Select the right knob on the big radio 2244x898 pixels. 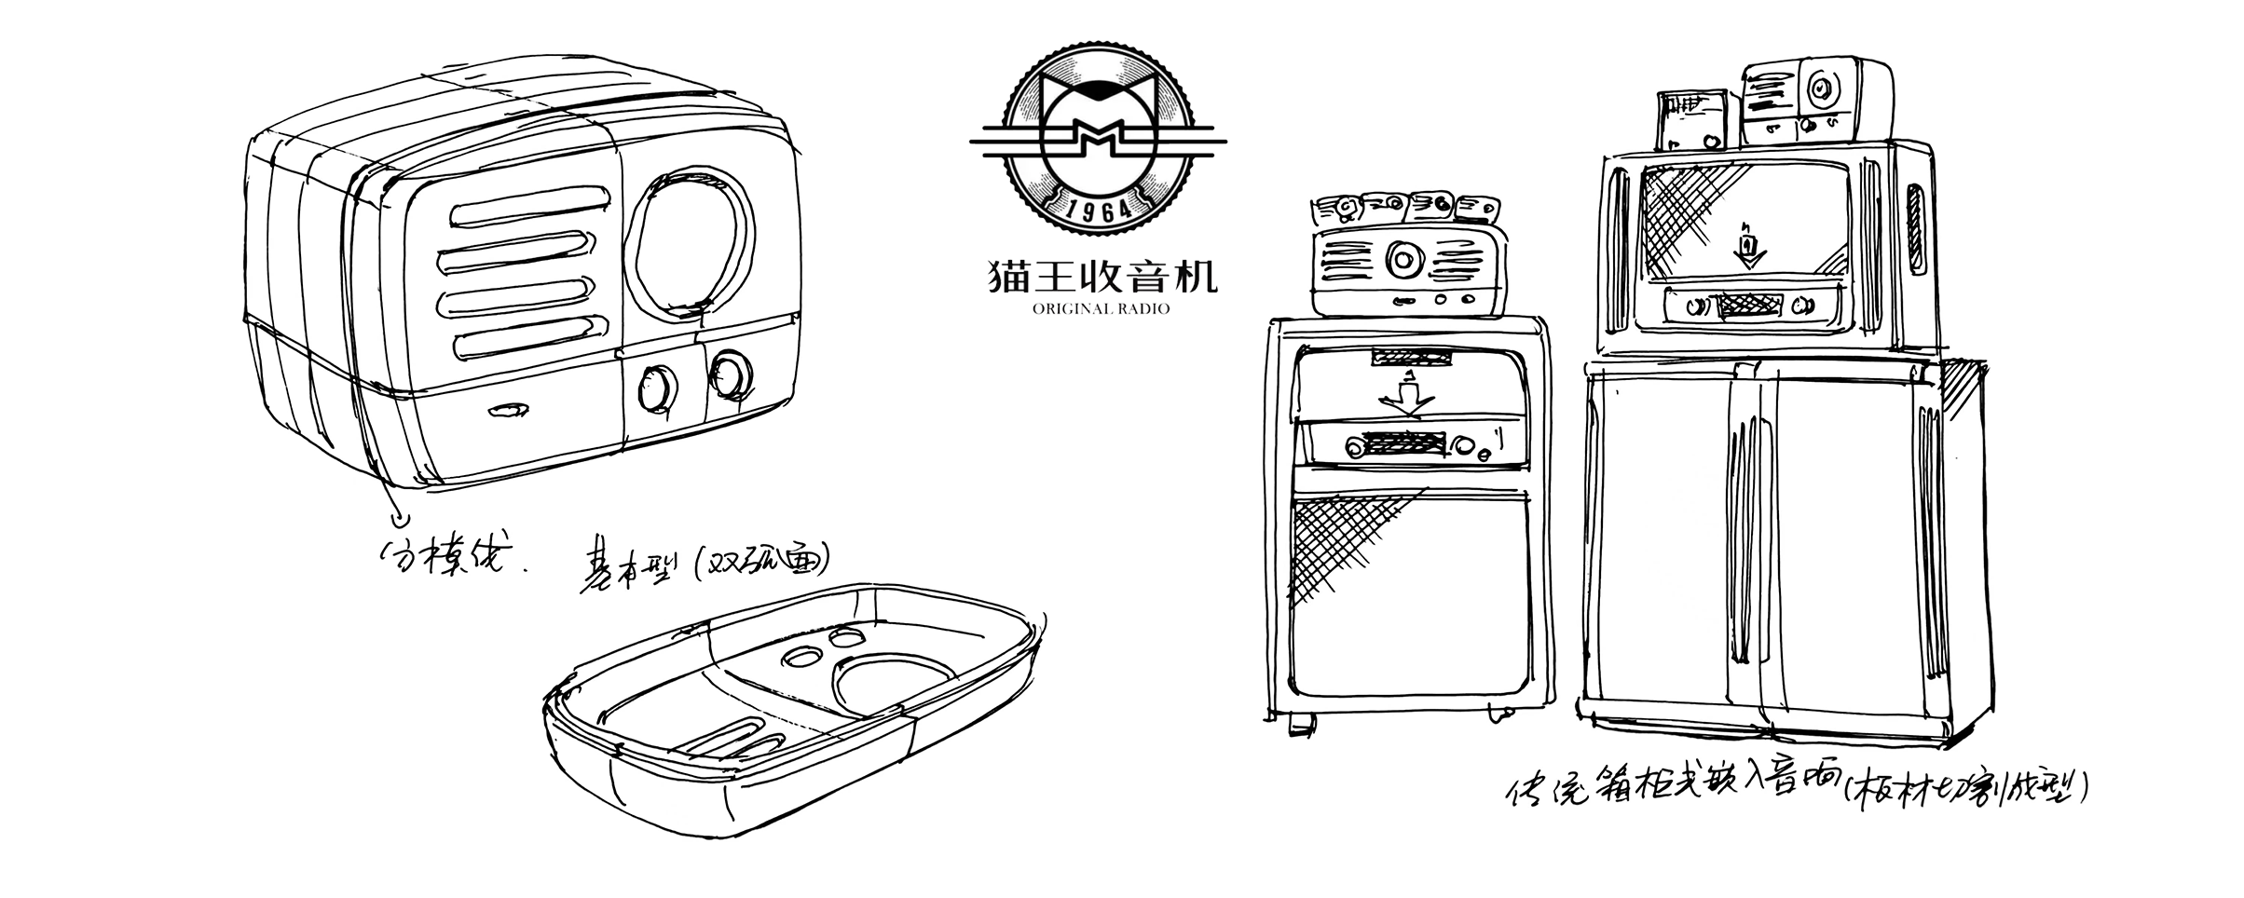point(729,374)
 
